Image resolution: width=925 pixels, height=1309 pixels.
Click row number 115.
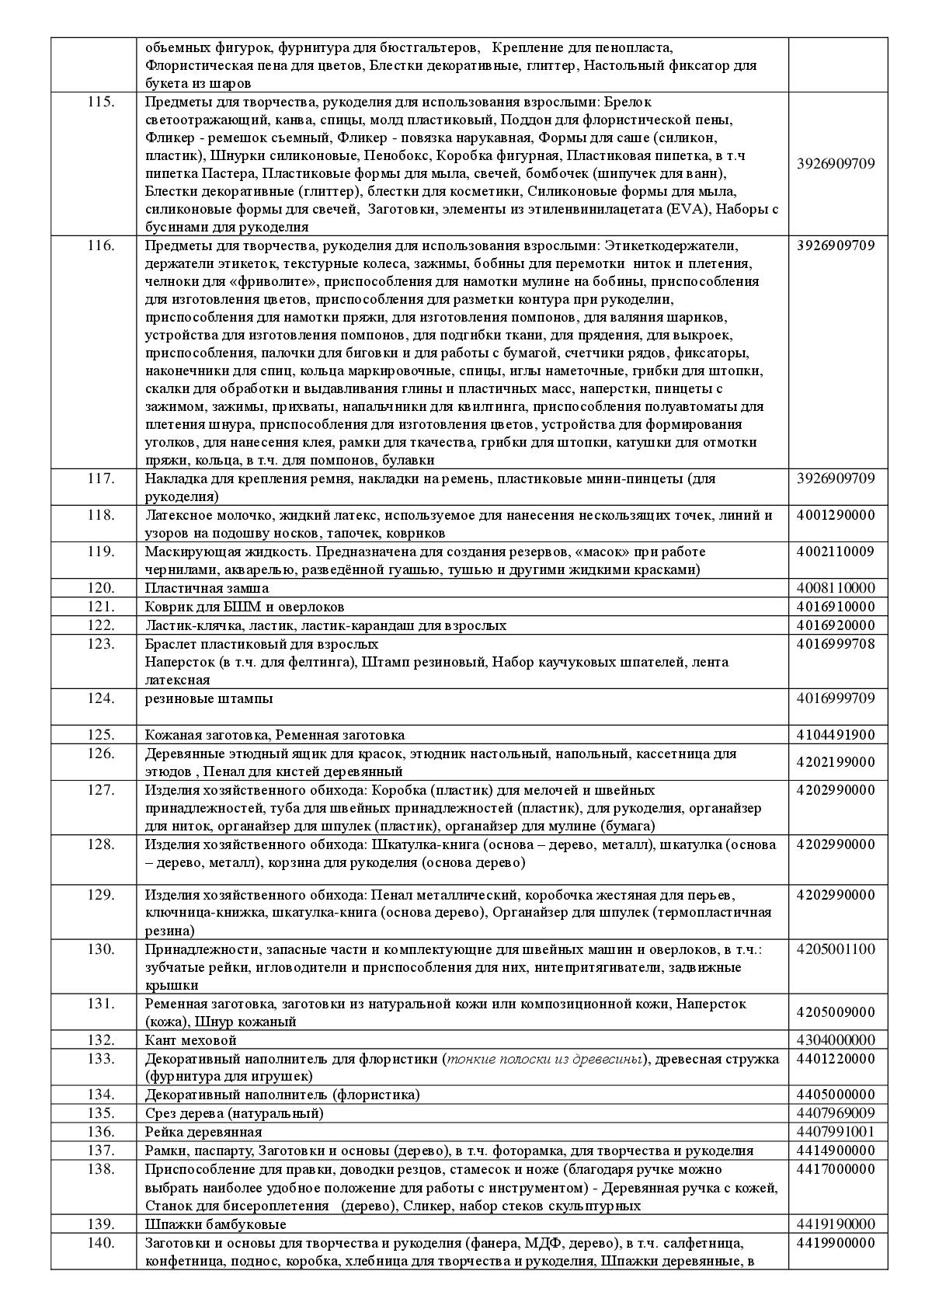(x=101, y=102)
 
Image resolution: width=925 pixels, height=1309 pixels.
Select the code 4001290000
(x=836, y=515)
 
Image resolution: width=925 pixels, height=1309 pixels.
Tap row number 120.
(x=101, y=588)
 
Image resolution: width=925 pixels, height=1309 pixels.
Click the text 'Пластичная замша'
(x=207, y=588)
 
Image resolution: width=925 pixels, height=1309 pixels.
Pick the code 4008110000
(x=836, y=588)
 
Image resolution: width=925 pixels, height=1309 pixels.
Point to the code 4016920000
(x=836, y=625)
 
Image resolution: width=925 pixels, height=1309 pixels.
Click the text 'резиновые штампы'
(x=209, y=698)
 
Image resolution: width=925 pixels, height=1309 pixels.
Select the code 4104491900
(x=836, y=735)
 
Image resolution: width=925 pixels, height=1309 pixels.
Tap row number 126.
(x=101, y=754)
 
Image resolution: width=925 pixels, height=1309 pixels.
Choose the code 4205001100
(x=836, y=949)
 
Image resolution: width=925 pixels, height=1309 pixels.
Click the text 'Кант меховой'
(x=191, y=1040)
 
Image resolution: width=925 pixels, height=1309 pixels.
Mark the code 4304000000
(x=836, y=1040)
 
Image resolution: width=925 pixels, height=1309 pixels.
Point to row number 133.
(x=101, y=1059)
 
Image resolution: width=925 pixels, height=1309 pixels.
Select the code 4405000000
(x=836, y=1095)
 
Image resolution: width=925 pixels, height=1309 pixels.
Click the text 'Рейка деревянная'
(x=203, y=1132)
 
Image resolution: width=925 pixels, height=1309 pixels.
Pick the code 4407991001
(x=836, y=1132)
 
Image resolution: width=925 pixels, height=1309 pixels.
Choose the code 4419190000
(x=836, y=1224)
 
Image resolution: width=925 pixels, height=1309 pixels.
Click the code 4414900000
(x=836, y=1151)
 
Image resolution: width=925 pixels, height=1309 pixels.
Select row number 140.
(x=101, y=1243)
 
